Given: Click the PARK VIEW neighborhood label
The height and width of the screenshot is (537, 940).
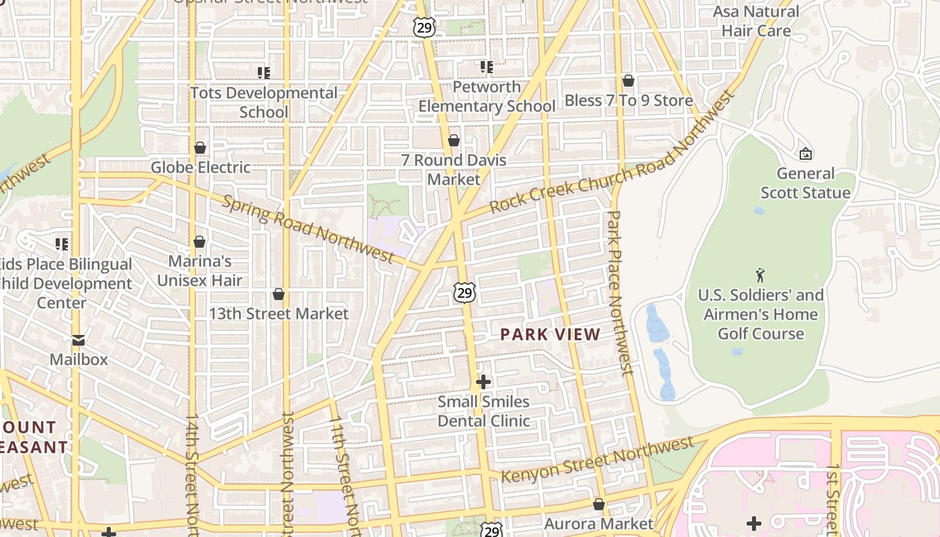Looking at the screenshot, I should pyautogui.click(x=550, y=334).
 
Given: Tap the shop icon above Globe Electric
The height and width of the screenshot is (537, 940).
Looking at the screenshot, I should pyautogui.click(x=200, y=148).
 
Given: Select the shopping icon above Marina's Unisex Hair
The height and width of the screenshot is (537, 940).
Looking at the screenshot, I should pyautogui.click(x=199, y=242).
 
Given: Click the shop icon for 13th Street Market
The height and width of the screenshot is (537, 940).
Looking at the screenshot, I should pyautogui.click(x=279, y=294).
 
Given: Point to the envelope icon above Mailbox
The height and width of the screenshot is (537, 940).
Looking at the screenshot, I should pyautogui.click(x=79, y=340).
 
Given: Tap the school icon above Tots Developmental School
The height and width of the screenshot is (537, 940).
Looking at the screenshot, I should pyautogui.click(x=264, y=72).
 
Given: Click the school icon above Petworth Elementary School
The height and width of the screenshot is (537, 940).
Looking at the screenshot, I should pyautogui.click(x=487, y=67).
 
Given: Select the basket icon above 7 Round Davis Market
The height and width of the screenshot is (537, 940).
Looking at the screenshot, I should pyautogui.click(x=454, y=140).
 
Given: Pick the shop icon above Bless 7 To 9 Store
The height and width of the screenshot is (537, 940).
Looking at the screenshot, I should pyautogui.click(x=628, y=81).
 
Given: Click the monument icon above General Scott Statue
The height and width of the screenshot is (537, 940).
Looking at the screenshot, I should pyautogui.click(x=805, y=154).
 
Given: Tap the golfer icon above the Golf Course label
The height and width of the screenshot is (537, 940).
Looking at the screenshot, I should pyautogui.click(x=760, y=275).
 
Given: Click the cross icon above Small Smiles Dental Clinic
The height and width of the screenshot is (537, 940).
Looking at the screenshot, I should pyautogui.click(x=483, y=382).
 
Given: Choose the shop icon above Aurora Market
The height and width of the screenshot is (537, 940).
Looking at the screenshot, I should pyautogui.click(x=599, y=504).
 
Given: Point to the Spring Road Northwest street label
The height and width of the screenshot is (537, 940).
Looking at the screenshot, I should pyautogui.click(x=308, y=229).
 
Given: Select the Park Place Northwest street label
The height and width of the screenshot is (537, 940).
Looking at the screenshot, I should pyautogui.click(x=620, y=292).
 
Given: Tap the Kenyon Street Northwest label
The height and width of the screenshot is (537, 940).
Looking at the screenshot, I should pyautogui.click(x=598, y=459).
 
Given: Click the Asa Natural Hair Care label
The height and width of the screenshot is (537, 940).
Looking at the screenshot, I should pyautogui.click(x=756, y=21).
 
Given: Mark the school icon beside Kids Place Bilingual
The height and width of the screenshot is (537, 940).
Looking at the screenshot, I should pyautogui.click(x=62, y=244).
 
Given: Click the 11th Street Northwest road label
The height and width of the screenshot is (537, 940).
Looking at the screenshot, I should pyautogui.click(x=344, y=470).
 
